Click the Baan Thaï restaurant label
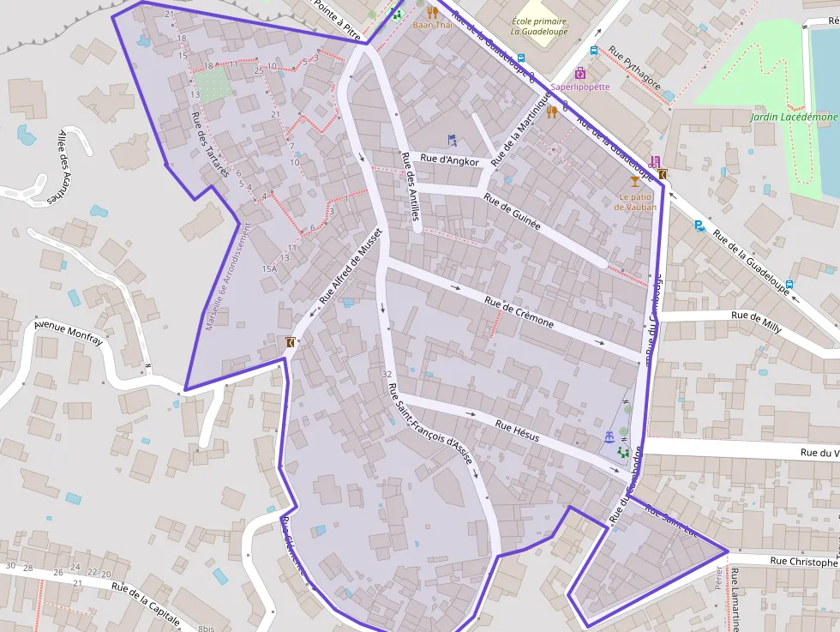433,25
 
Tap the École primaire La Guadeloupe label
538,27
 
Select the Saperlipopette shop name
580,87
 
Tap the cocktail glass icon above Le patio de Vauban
634,181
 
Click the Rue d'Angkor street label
449,160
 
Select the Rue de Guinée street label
512,210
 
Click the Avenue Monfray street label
69,334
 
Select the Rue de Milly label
756,316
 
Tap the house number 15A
269,268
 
